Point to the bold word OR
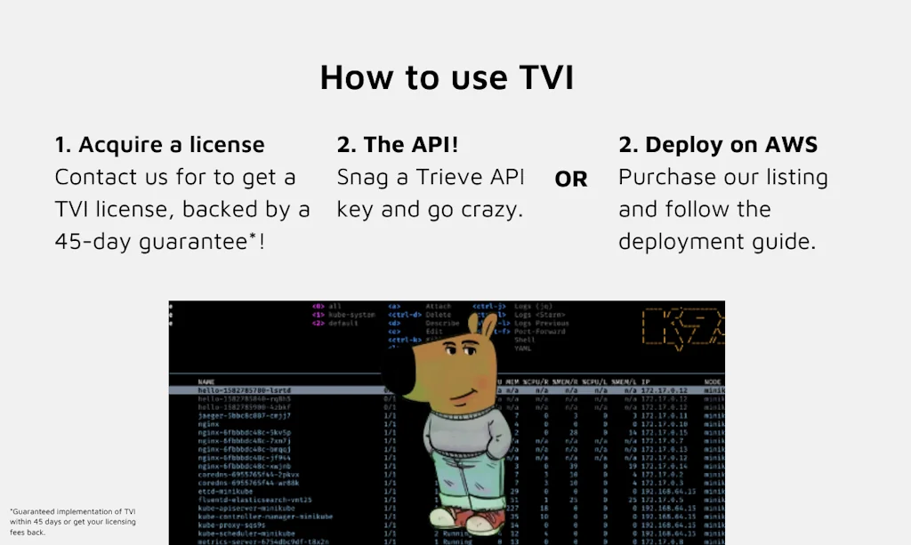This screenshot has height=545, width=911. click(571, 180)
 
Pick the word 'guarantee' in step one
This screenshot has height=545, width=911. click(196, 241)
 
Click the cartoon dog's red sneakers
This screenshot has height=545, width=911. click(456, 517)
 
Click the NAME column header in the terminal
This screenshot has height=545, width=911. click(206, 380)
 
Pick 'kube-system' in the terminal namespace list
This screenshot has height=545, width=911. click(351, 315)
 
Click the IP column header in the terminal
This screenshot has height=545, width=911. click(647, 380)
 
